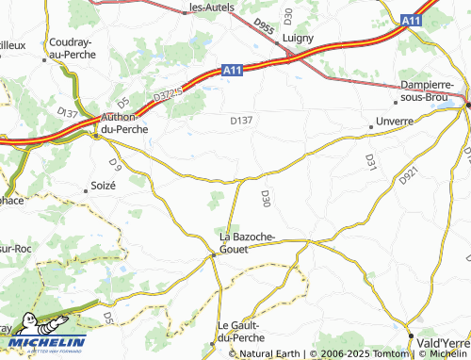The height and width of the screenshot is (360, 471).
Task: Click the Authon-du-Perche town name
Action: pos(122,123)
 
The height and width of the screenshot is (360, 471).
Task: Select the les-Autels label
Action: pos(212,7)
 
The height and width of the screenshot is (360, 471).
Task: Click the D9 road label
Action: pos(116,167)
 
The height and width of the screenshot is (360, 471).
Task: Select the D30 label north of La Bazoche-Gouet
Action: pos(266,198)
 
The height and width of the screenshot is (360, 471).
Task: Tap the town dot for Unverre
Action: pos(370,126)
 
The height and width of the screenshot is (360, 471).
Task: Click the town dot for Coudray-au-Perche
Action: pos(44,59)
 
